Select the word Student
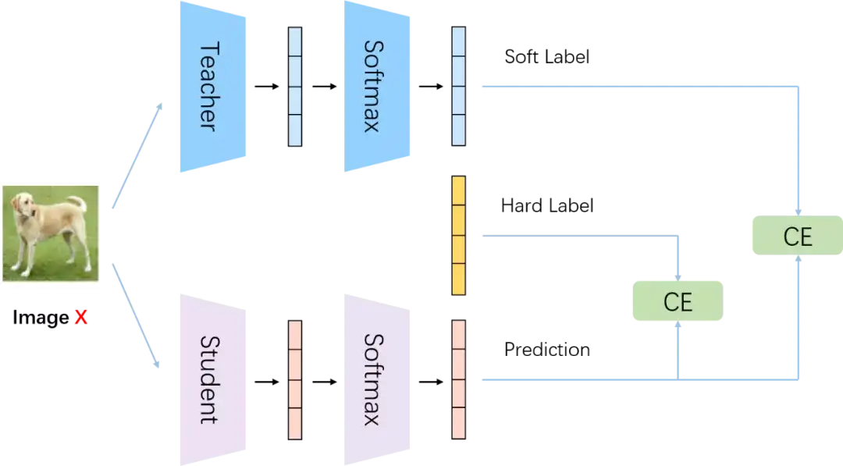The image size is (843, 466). (207, 380)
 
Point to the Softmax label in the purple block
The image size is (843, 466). (372, 380)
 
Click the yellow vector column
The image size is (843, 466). (459, 236)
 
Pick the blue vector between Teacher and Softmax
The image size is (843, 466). (295, 87)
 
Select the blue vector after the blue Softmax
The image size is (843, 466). (459, 87)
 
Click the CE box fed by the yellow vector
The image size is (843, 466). (677, 301)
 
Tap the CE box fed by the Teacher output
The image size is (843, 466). (795, 234)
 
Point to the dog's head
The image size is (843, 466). (24, 207)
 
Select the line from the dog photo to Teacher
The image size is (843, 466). (135, 156)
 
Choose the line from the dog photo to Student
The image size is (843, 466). (135, 318)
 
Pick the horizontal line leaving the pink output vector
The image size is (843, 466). (578, 381)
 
